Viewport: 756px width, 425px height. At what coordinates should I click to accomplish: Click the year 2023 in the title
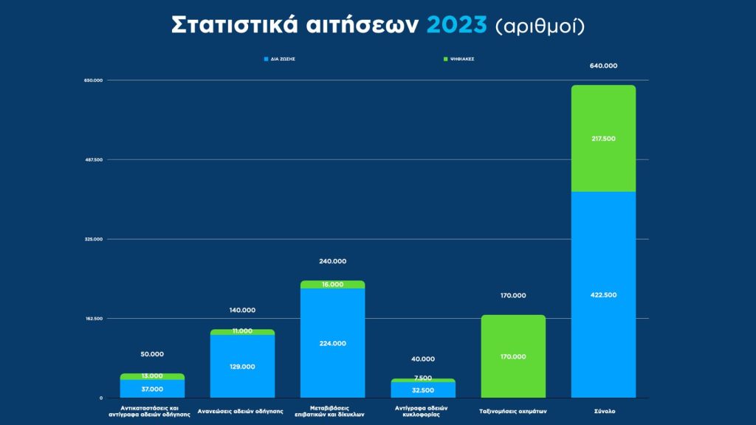click(457, 24)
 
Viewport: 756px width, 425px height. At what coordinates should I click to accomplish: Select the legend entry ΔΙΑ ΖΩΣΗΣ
click(281, 58)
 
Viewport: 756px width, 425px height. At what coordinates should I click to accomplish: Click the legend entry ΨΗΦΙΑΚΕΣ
click(458, 58)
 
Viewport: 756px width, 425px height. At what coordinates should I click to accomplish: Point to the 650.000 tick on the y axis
click(94, 80)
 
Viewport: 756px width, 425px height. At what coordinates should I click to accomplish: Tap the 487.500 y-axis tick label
click(94, 159)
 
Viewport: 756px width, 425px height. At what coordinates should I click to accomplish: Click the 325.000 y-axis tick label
click(94, 239)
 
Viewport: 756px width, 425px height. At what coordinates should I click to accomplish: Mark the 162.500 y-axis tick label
click(94, 319)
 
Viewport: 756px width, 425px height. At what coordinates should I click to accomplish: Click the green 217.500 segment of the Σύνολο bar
click(603, 138)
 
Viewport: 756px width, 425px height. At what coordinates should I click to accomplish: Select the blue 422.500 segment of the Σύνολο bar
click(603, 294)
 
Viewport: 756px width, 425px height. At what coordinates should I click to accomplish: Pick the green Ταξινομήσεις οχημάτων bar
click(513, 356)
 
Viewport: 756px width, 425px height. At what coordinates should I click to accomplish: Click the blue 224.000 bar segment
click(332, 343)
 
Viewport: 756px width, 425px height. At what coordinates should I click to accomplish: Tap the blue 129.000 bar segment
click(242, 367)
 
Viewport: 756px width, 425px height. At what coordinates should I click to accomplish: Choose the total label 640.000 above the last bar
click(603, 66)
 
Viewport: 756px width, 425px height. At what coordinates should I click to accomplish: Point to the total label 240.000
click(332, 261)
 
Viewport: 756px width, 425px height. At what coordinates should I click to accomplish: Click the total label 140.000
click(242, 310)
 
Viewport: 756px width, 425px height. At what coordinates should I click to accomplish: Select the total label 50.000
click(152, 354)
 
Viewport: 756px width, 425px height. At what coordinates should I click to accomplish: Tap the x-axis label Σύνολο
click(603, 411)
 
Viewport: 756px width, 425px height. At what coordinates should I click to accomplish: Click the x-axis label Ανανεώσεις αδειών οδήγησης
click(241, 411)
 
